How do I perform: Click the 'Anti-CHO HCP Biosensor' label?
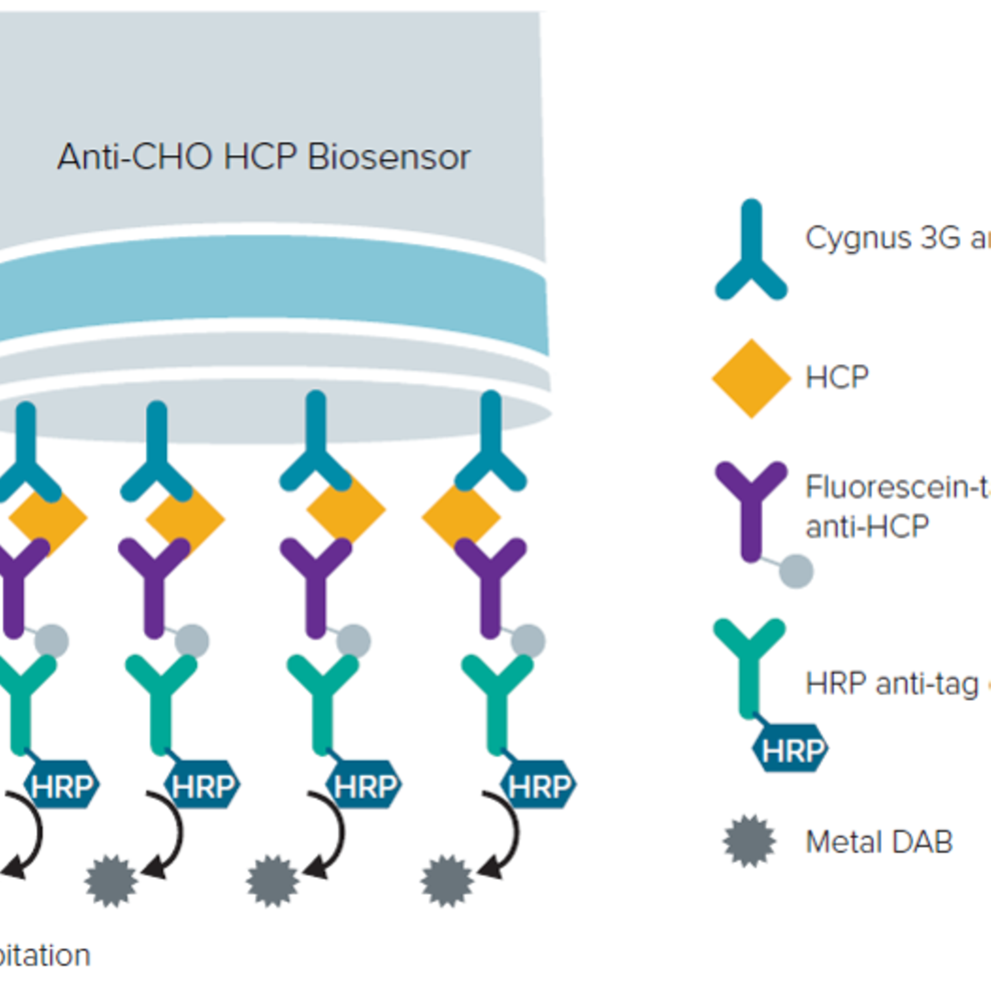coord(264,157)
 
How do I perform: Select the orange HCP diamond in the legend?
coord(751,379)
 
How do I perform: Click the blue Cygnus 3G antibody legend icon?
coord(751,251)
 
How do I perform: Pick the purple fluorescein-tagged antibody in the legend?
coord(751,508)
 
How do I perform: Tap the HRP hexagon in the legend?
coord(790,752)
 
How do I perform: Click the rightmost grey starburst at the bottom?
coord(447,881)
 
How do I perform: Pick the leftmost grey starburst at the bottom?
coord(111,881)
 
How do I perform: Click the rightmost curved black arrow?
coord(505,836)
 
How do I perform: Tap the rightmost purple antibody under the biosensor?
coord(491,585)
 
